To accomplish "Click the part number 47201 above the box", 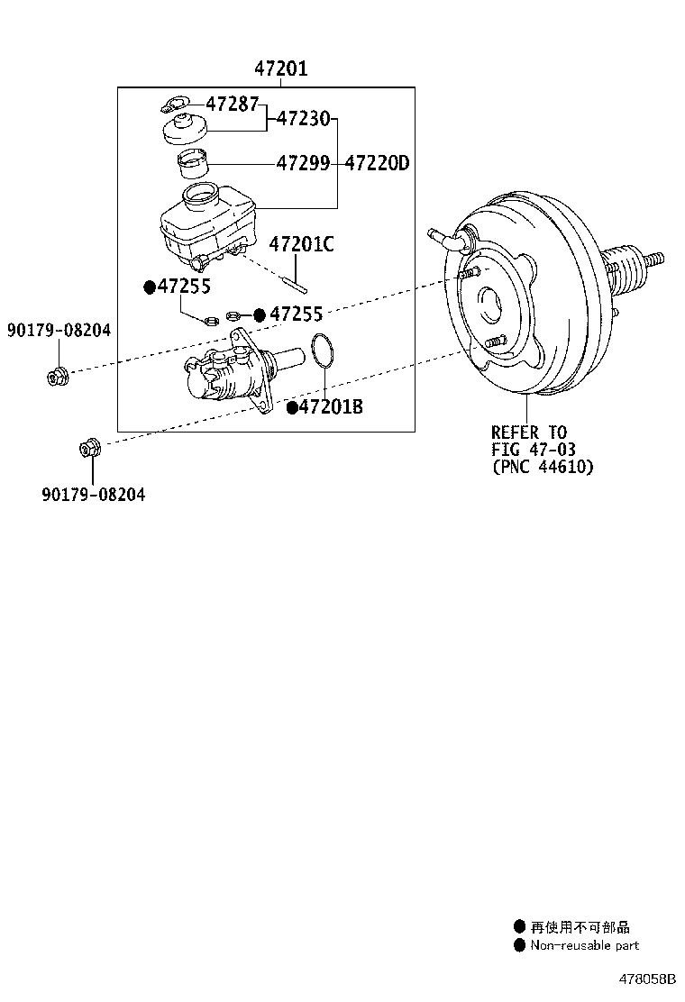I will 280,68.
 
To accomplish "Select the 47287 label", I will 232,103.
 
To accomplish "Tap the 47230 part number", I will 303,118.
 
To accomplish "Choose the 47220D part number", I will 378,163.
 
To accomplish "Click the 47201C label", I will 301,243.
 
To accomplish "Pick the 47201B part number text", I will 330,407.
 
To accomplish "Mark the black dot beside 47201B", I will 291,408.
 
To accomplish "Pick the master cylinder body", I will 230,374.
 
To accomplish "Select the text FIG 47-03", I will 533,450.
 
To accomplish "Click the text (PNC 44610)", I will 543,467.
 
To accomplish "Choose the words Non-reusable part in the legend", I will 584,945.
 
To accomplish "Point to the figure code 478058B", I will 646,979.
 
